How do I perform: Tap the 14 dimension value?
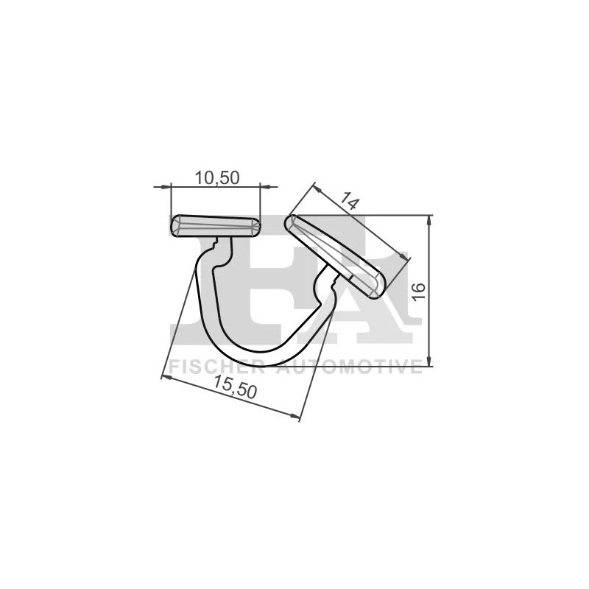pos(350,202)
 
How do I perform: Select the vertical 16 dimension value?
pos(418,291)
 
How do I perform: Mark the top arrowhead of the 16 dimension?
pos(428,220)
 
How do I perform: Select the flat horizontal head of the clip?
pos(215,226)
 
